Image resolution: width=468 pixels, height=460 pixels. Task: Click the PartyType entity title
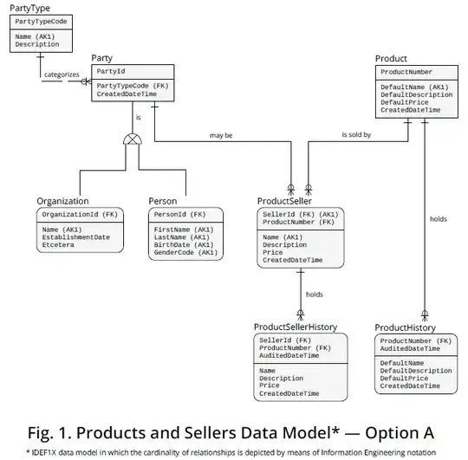29,8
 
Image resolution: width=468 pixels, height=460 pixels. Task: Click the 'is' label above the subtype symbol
137,117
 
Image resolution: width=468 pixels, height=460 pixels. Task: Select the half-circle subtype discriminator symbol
133,139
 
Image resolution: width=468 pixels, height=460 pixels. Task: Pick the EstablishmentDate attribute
76,237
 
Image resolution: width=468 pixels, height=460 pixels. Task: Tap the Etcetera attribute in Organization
59,245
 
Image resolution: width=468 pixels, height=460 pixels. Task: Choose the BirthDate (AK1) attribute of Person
184,245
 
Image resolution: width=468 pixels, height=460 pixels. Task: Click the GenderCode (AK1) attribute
185,253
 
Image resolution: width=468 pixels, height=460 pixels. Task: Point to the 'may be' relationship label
221,135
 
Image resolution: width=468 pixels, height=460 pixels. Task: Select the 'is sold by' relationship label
355,135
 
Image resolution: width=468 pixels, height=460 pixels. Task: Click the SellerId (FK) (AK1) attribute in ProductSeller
300,214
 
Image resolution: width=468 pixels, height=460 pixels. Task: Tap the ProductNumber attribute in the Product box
406,72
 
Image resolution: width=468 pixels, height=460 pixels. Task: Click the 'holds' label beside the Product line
439,219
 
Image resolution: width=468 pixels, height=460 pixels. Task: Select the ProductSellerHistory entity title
296,327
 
